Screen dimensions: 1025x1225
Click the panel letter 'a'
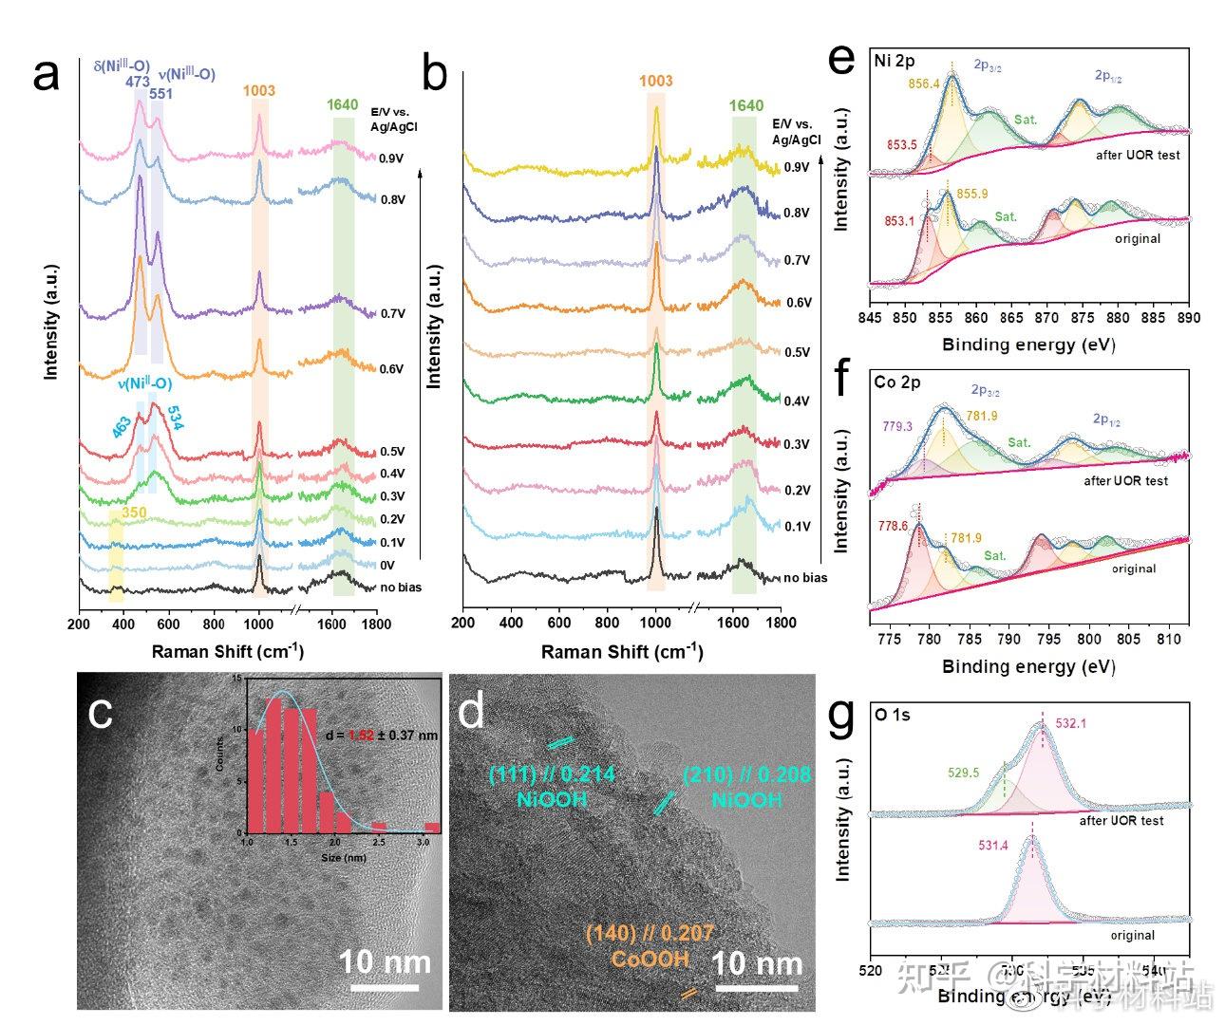[x=46, y=76]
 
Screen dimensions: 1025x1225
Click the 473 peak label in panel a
[x=138, y=82]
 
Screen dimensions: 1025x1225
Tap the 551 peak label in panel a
[x=160, y=94]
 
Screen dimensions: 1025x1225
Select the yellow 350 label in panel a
[x=133, y=513]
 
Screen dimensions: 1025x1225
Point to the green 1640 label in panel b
[x=745, y=105]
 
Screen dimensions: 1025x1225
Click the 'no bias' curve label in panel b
[x=804, y=578]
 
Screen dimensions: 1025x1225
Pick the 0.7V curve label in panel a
[x=392, y=314]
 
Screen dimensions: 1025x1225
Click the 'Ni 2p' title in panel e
[x=894, y=62]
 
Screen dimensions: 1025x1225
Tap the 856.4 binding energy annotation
[x=924, y=84]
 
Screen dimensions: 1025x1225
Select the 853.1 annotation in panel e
[x=901, y=221]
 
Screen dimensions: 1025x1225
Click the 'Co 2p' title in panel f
[x=896, y=382]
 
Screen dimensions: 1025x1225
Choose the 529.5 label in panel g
[x=964, y=773]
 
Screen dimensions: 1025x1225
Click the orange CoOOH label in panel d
[x=650, y=959]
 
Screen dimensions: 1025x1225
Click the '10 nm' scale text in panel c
[x=385, y=962]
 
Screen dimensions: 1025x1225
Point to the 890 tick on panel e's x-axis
[x=1188, y=318]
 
